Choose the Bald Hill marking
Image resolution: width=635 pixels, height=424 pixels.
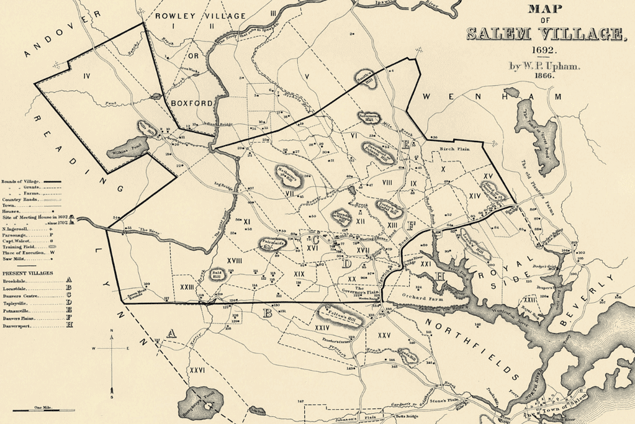tap(218, 274)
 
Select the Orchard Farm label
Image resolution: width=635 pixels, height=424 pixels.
tap(417, 295)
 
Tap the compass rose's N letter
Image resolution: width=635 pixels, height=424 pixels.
tap(111, 336)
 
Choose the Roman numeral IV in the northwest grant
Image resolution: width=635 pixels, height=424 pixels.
tap(87, 76)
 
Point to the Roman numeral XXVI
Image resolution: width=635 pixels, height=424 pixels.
tap(197, 371)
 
